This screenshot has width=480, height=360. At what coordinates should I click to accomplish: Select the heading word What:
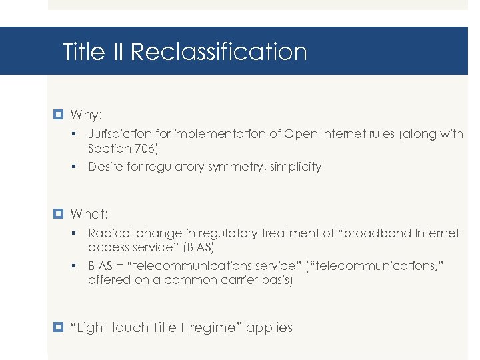pyautogui.click(x=89, y=214)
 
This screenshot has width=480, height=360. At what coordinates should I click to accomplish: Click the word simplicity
pyautogui.click(x=296, y=167)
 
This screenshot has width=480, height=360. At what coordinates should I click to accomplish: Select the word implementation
pyautogui.click(x=217, y=134)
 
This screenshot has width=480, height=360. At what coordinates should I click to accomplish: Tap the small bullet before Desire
pyautogui.click(x=78, y=167)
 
